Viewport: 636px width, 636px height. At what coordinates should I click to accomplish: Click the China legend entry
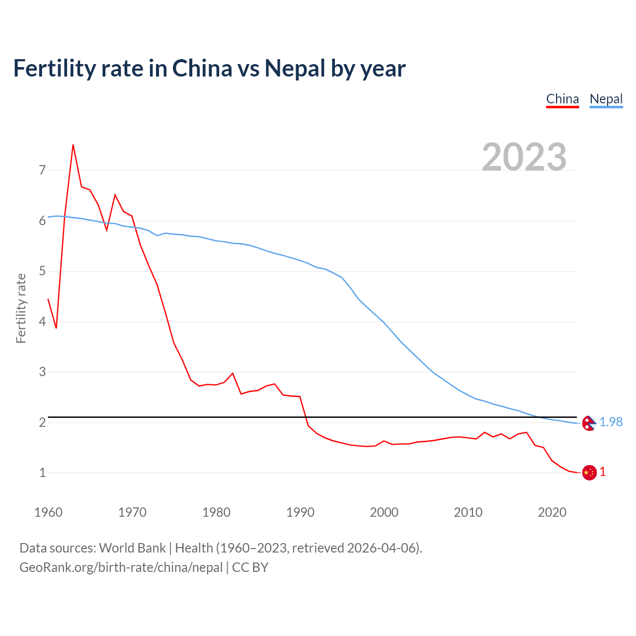tap(562, 99)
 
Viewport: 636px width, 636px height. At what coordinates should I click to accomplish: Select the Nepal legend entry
tap(606, 99)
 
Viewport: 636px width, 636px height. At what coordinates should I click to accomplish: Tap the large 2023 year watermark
tap(524, 157)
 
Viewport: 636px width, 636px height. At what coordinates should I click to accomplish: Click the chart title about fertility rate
tap(209, 68)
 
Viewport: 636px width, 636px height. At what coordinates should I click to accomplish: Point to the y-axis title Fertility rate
tap(21, 308)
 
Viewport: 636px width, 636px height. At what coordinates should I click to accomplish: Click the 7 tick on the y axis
tap(42, 170)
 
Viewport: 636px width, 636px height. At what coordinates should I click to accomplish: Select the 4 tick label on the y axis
tap(42, 321)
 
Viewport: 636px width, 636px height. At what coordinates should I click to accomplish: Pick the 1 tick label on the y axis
tap(42, 473)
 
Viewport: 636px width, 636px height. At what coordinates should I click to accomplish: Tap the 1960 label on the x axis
tap(48, 512)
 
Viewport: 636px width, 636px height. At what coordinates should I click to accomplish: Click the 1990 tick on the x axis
tap(300, 512)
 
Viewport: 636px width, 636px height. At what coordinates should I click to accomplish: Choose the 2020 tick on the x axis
tap(552, 512)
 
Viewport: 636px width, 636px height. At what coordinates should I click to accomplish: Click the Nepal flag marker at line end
tap(589, 423)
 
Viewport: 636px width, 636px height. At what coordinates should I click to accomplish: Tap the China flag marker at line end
tap(589, 473)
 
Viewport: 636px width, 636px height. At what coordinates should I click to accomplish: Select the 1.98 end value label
tap(611, 422)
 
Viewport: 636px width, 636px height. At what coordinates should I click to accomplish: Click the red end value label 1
tap(603, 472)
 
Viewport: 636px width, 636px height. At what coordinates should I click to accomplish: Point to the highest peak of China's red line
tap(73, 145)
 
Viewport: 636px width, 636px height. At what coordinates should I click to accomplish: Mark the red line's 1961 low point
tap(56, 328)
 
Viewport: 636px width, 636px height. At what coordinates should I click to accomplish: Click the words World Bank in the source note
tap(132, 548)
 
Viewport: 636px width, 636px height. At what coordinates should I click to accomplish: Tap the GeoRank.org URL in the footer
tap(121, 567)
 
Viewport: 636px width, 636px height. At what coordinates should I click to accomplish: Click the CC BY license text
tap(250, 567)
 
